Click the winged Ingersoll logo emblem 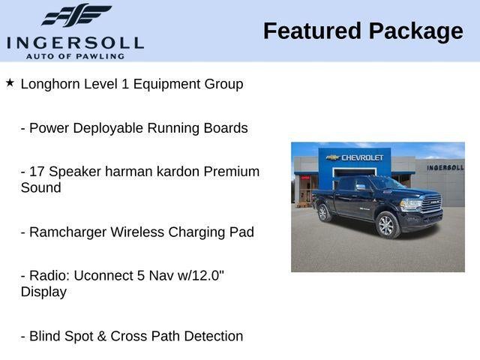coord(76,15)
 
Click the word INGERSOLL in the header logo coord(75,43)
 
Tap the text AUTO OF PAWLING coord(75,56)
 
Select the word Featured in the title coord(312,31)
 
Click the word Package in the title coord(416,32)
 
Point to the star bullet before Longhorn coord(10,82)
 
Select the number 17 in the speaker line coord(37,172)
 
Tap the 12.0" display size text coord(208,275)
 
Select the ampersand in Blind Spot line coord(102,336)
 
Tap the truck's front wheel coord(387,225)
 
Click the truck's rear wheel coord(323,212)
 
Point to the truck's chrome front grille coord(432,202)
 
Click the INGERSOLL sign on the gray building coord(445,168)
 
